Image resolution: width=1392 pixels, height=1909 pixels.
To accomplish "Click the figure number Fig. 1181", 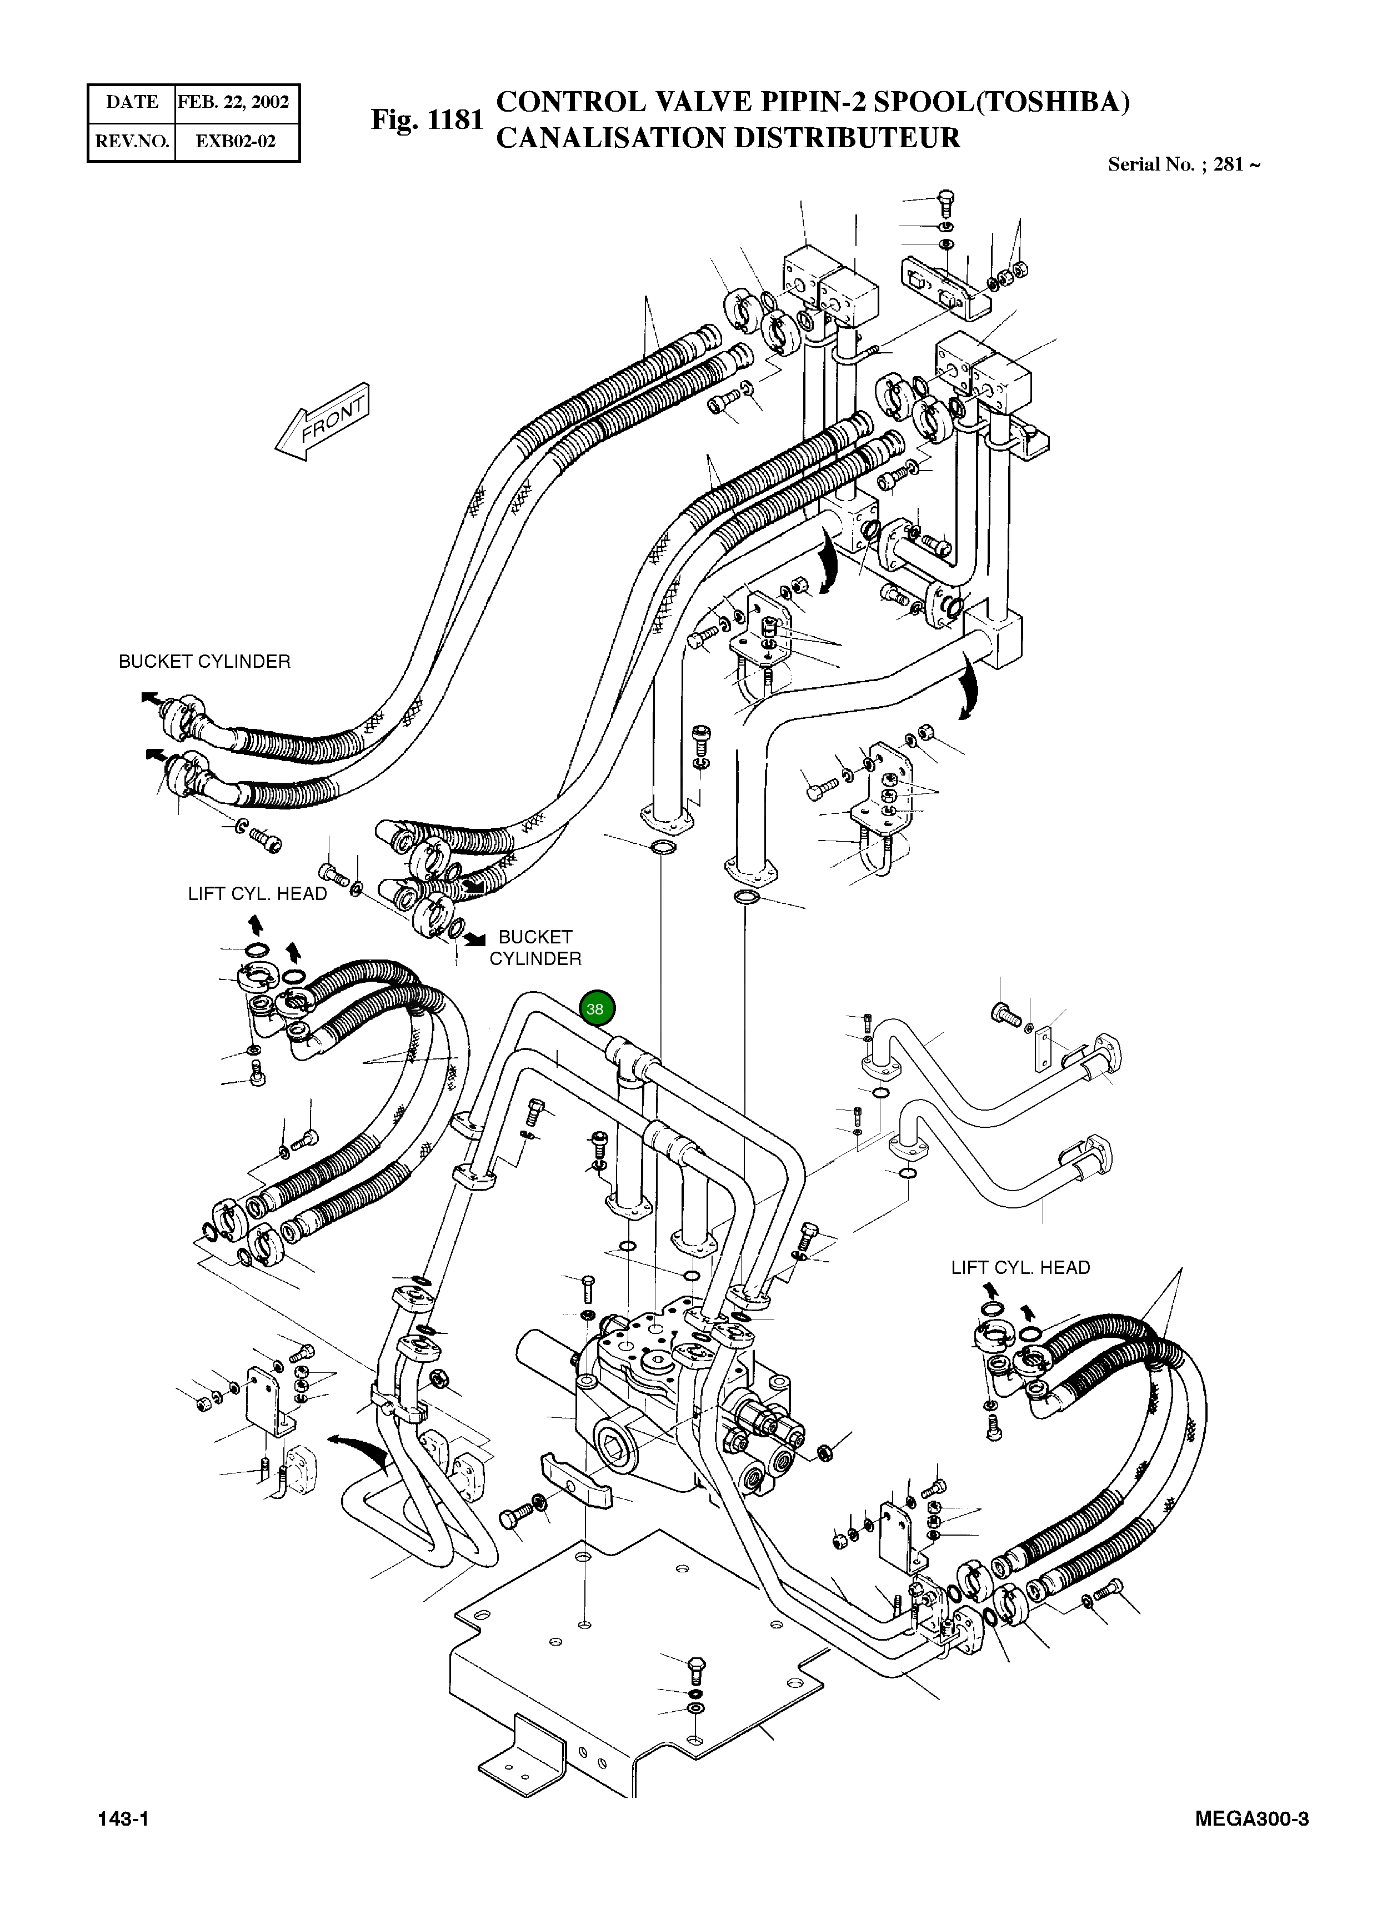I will point(427,119).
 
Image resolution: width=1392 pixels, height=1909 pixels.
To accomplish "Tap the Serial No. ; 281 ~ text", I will point(1183,164).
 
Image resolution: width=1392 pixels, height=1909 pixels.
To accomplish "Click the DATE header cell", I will point(132,102).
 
